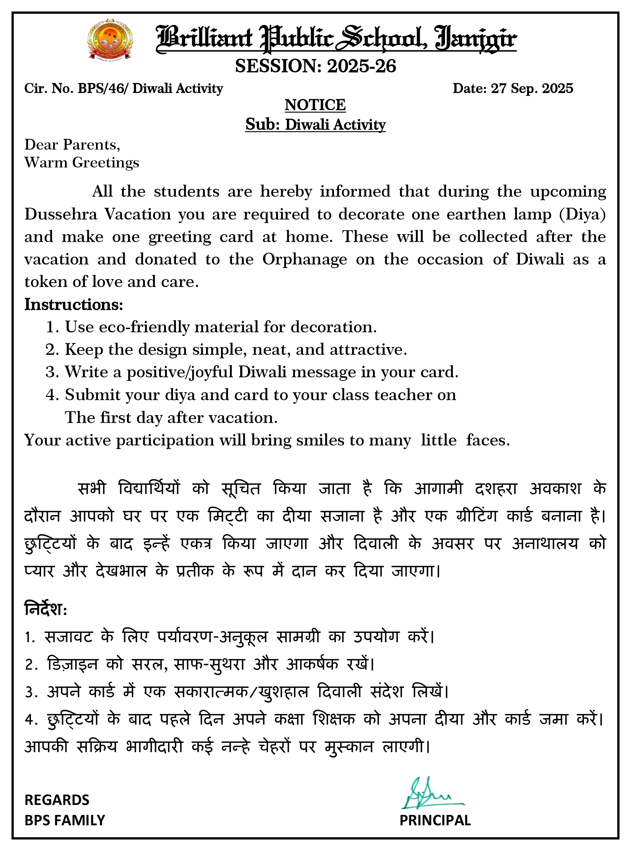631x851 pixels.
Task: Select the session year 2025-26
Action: (x=361, y=66)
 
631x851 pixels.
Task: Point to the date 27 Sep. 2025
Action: (x=532, y=89)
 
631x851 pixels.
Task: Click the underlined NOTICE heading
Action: (x=315, y=105)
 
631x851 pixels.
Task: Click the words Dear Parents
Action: (x=72, y=145)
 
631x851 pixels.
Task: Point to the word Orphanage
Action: (x=304, y=260)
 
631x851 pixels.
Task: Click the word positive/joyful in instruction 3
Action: (x=180, y=372)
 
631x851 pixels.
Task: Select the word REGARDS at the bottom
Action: (x=57, y=800)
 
